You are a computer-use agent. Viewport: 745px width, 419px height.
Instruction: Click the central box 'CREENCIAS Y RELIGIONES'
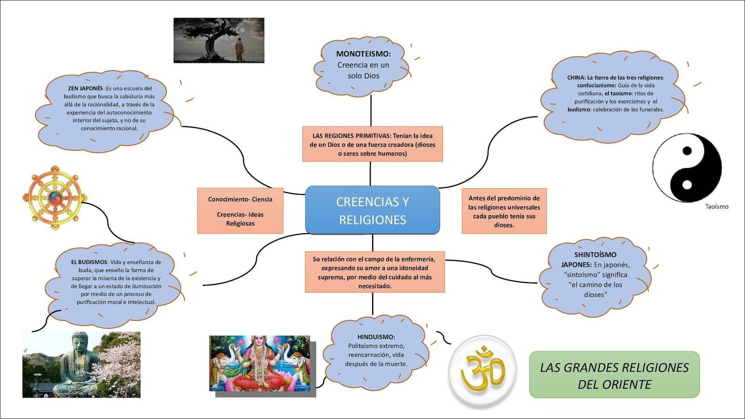[372, 210]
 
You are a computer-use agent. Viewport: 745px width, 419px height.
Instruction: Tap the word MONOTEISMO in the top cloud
[363, 54]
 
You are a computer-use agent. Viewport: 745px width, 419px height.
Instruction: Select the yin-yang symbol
[687, 168]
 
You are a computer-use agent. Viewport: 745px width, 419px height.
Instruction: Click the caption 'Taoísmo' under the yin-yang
[717, 207]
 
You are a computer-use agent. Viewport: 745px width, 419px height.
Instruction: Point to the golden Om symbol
[482, 370]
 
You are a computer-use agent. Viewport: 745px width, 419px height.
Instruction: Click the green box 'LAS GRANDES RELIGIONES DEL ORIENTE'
[614, 375]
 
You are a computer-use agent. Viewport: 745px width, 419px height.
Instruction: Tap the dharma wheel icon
[55, 198]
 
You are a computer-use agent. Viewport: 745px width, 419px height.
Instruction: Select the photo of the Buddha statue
[81, 365]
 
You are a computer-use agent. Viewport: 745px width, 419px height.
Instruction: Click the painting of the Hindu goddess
[260, 363]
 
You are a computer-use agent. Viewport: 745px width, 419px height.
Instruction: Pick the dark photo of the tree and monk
[219, 41]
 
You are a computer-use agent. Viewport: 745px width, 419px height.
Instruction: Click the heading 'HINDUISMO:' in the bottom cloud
[376, 337]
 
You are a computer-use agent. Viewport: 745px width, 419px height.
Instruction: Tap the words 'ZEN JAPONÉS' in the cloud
[85, 88]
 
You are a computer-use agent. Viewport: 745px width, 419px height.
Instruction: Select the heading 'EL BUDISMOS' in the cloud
[89, 262]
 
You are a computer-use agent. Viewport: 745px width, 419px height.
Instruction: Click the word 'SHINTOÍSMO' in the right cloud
[595, 255]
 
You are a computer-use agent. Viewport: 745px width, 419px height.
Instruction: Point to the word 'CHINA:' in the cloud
[576, 78]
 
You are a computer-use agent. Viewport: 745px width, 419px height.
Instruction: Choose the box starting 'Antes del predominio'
[504, 211]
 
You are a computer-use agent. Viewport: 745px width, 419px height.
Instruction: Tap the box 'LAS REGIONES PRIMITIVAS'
[372, 144]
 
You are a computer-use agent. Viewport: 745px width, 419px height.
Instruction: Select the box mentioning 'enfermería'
[375, 272]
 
